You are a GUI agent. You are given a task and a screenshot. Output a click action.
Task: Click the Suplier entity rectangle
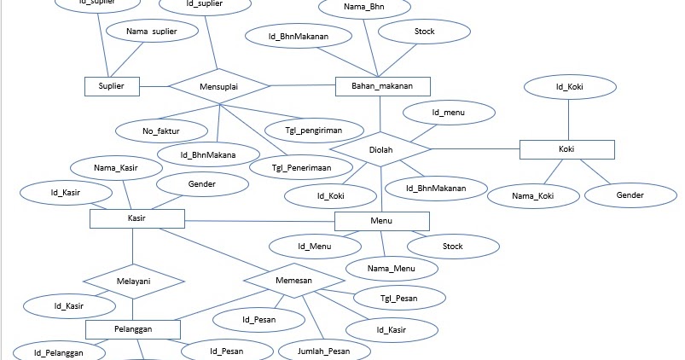point(111,86)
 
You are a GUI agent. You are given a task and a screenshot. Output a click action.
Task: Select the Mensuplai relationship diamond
point(218,86)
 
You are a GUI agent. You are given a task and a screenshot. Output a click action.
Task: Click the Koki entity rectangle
point(566,149)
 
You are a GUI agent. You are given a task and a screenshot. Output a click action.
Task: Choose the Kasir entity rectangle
point(136,220)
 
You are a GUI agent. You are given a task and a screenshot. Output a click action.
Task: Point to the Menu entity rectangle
point(381,221)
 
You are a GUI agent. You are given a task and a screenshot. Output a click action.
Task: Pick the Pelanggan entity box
point(133,329)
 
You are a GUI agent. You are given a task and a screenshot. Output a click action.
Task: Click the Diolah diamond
point(380,149)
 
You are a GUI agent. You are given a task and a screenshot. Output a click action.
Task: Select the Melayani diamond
point(133,282)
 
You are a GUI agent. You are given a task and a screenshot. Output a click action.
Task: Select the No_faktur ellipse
point(162,130)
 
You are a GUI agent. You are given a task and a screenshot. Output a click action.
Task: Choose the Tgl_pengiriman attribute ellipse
point(306,130)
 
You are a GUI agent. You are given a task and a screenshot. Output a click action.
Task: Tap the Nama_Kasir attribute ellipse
point(117,168)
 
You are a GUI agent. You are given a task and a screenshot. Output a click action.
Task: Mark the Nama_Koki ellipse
point(533,196)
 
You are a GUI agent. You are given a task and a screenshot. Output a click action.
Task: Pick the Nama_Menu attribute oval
point(392,270)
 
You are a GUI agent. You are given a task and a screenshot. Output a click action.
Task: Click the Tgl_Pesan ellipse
point(399,299)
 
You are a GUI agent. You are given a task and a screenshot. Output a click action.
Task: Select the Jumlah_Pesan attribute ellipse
point(323,351)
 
